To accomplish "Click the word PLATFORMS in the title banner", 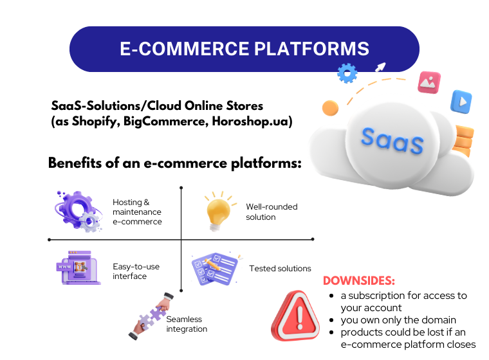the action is tap(311, 49).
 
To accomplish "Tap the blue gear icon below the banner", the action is tap(347, 73).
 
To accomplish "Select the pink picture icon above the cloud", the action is tap(429, 82).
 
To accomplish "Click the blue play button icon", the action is tap(461, 102).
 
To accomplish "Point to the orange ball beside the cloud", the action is tap(330, 108).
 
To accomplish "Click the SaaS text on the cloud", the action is tap(392, 141).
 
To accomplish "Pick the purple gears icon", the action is tap(78, 212).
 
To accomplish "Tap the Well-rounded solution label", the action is tap(272, 212).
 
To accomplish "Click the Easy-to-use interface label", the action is tap(136, 271).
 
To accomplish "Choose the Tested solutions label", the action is tap(280, 268).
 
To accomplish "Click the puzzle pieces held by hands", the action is tap(151, 316).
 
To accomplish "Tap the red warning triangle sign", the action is tap(295, 316).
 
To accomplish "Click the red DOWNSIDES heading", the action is tap(359, 280).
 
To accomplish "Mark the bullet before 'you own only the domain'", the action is tap(331, 320).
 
